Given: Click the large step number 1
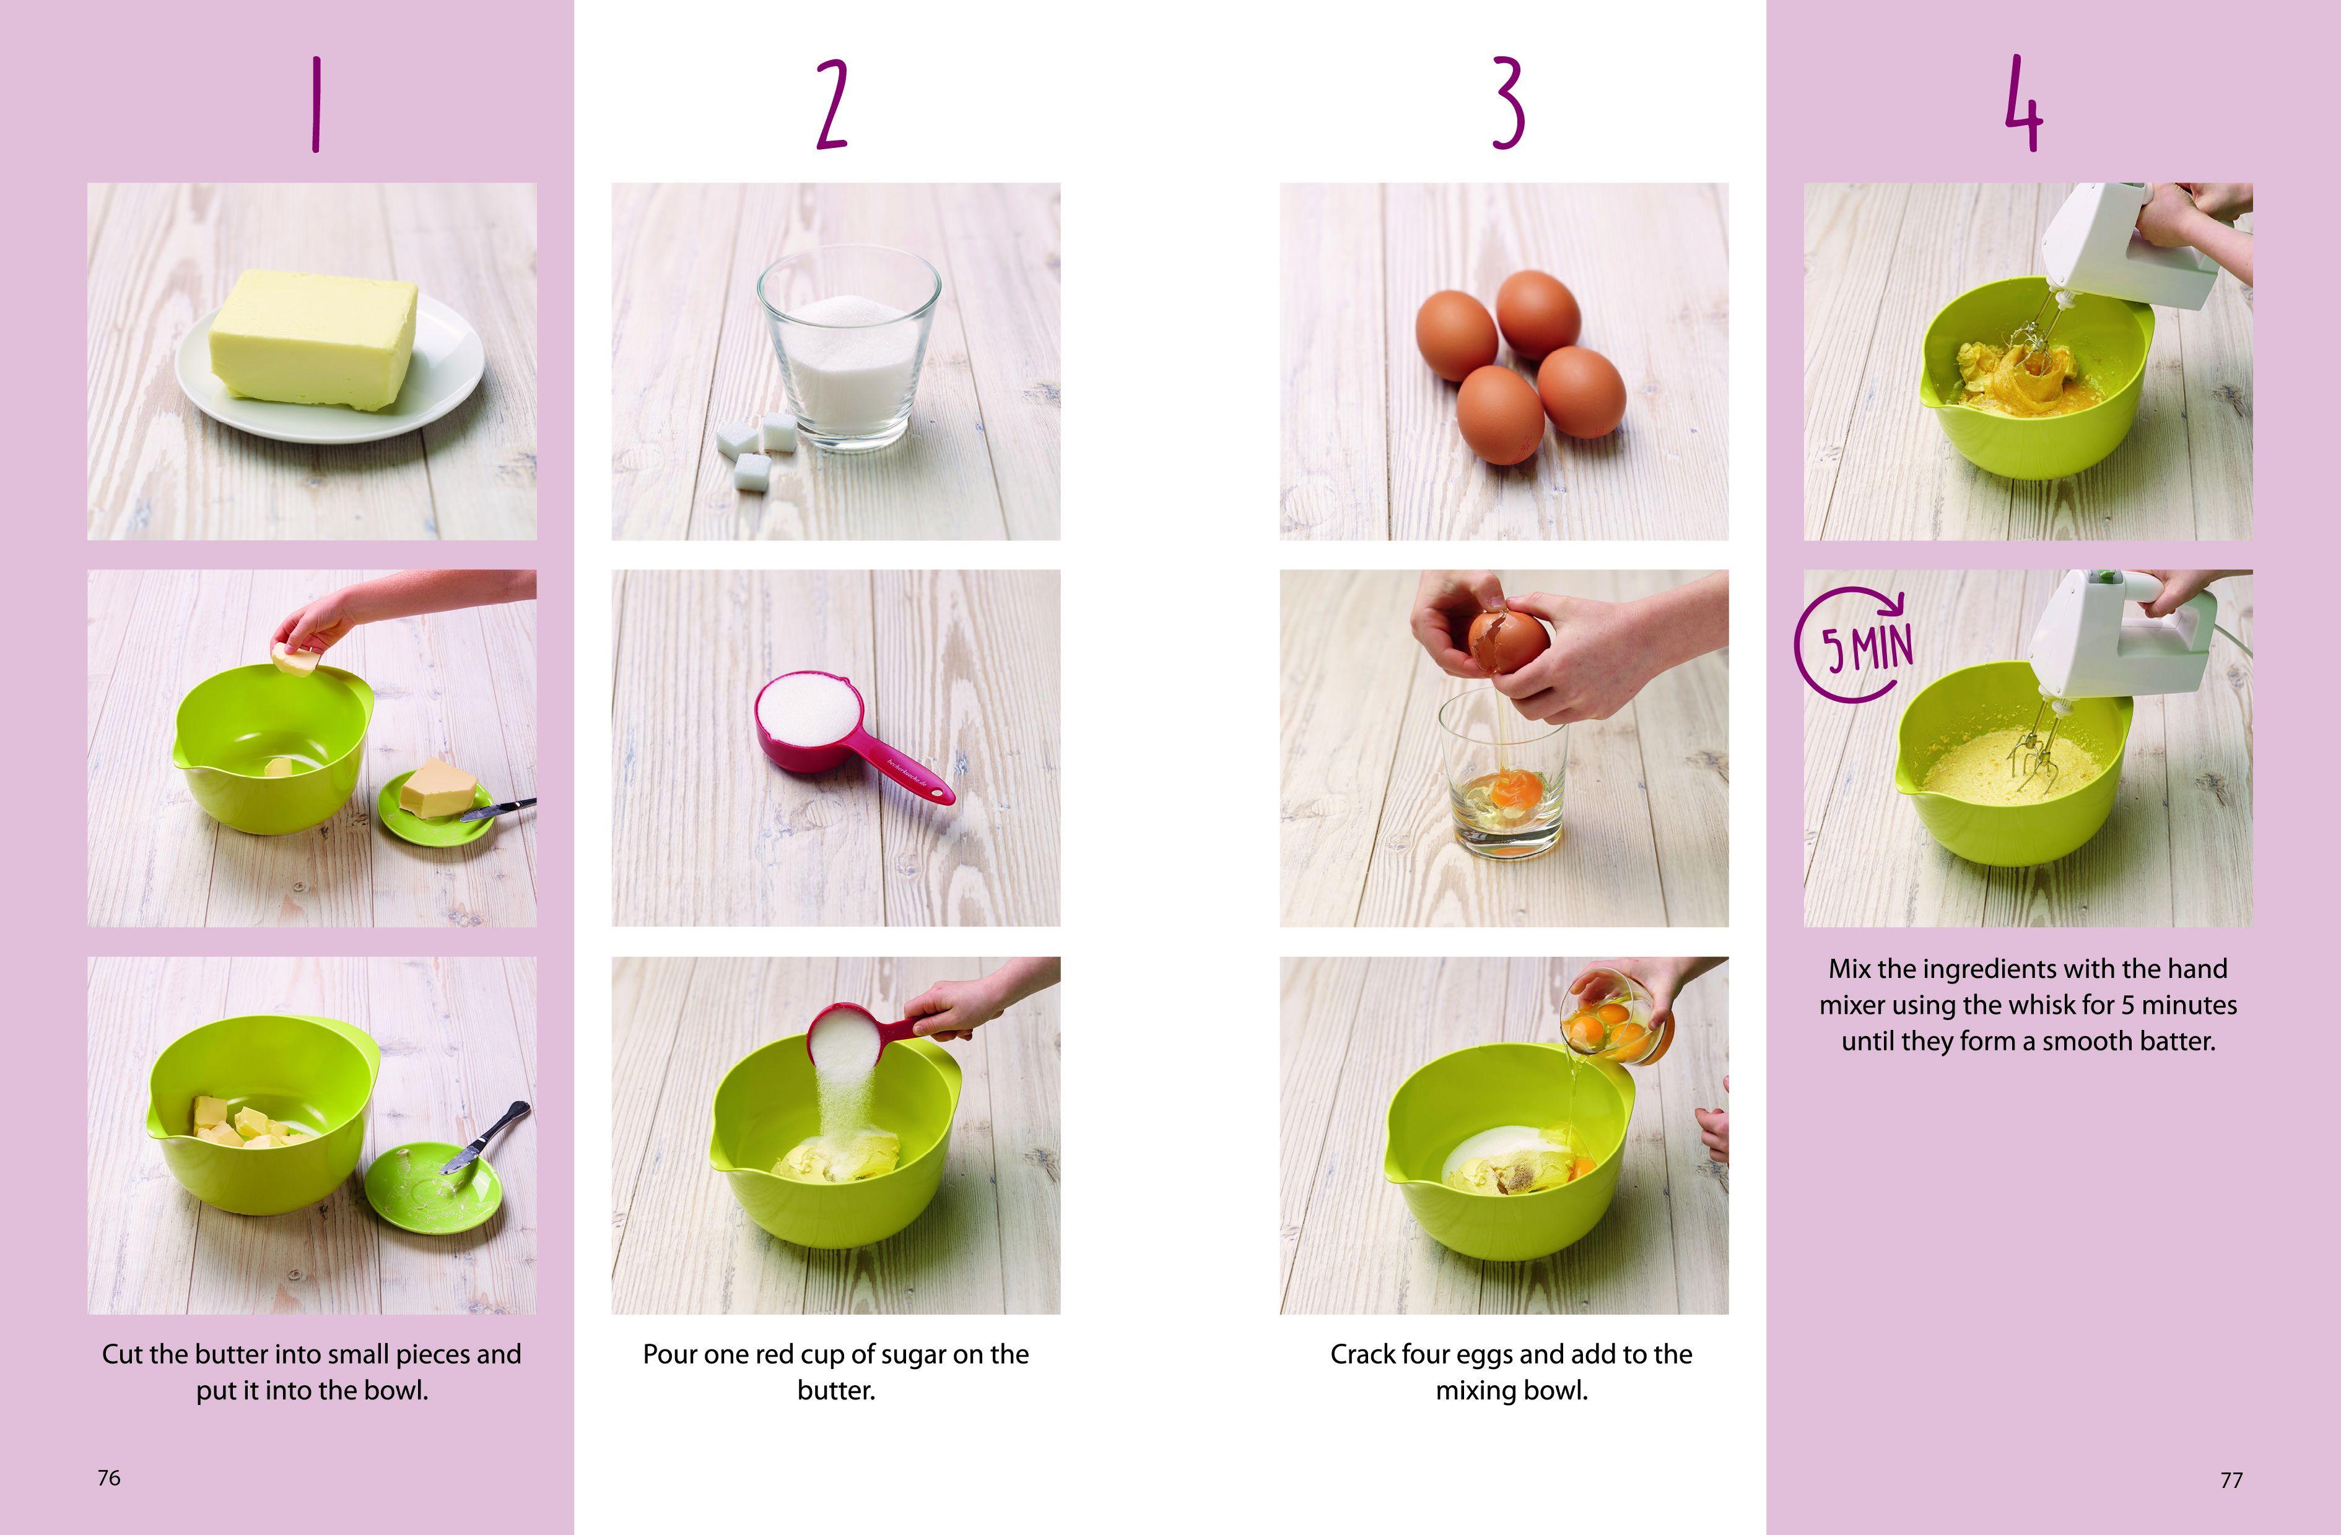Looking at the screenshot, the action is tap(316, 104).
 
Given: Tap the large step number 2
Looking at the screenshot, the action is tap(832, 104).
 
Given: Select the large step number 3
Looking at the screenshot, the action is tap(1508, 103).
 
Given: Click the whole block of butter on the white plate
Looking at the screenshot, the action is tap(313, 339).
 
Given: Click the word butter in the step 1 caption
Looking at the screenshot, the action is tap(232, 1354).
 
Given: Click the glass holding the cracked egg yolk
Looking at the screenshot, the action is tap(1504, 773).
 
